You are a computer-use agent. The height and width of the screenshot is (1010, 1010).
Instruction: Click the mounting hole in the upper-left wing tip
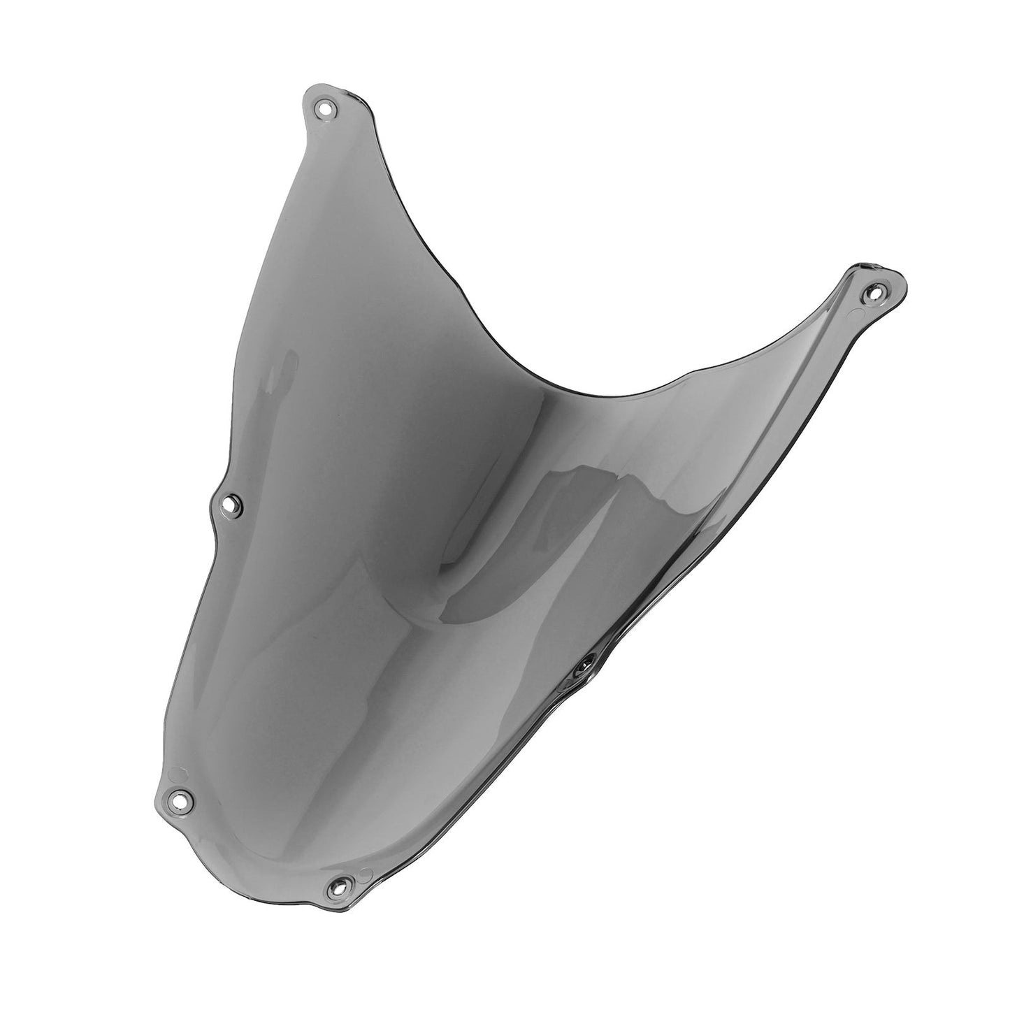click(x=324, y=109)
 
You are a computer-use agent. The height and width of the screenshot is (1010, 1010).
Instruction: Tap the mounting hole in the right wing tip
click(x=871, y=291)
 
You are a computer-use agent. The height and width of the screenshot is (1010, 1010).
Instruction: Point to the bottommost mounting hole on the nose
click(x=338, y=887)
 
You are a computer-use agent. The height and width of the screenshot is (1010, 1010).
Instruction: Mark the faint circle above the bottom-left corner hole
click(x=176, y=774)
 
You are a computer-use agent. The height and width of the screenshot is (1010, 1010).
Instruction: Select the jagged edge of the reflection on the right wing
click(x=671, y=489)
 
